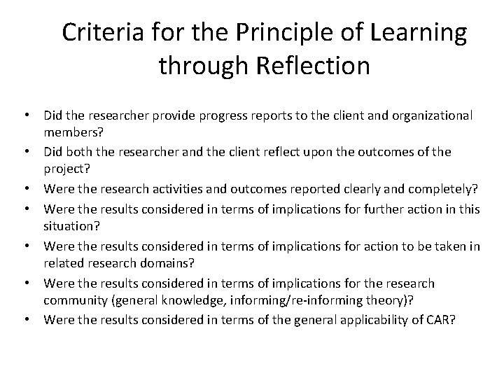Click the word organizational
[429, 114]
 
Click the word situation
[69, 226]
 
